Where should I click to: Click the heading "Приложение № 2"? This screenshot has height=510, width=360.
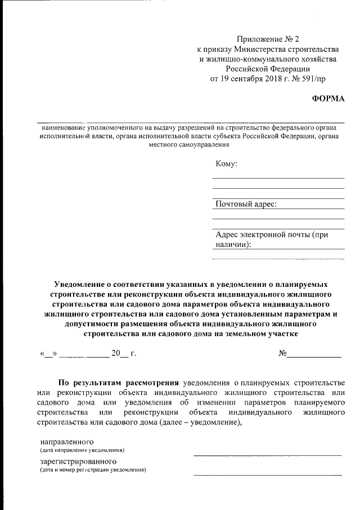tap(268, 39)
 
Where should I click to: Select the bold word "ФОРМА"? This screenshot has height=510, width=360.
tap(328, 99)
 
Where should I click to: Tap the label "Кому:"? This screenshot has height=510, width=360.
tap(226, 164)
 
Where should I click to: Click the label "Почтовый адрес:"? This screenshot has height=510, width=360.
tap(246, 204)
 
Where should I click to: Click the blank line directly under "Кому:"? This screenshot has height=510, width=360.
tap(278, 178)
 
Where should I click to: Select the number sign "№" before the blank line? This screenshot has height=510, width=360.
tap(283, 354)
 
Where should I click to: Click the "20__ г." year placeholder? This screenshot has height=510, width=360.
tap(124, 354)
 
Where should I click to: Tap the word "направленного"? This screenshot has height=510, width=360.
tap(66, 441)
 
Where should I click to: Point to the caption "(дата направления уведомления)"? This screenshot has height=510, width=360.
tap(82, 450)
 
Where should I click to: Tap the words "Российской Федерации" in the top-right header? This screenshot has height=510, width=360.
tap(268, 69)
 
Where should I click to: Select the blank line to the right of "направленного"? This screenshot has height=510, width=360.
tap(267, 454)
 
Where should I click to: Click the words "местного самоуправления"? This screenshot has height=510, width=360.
tap(188, 145)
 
